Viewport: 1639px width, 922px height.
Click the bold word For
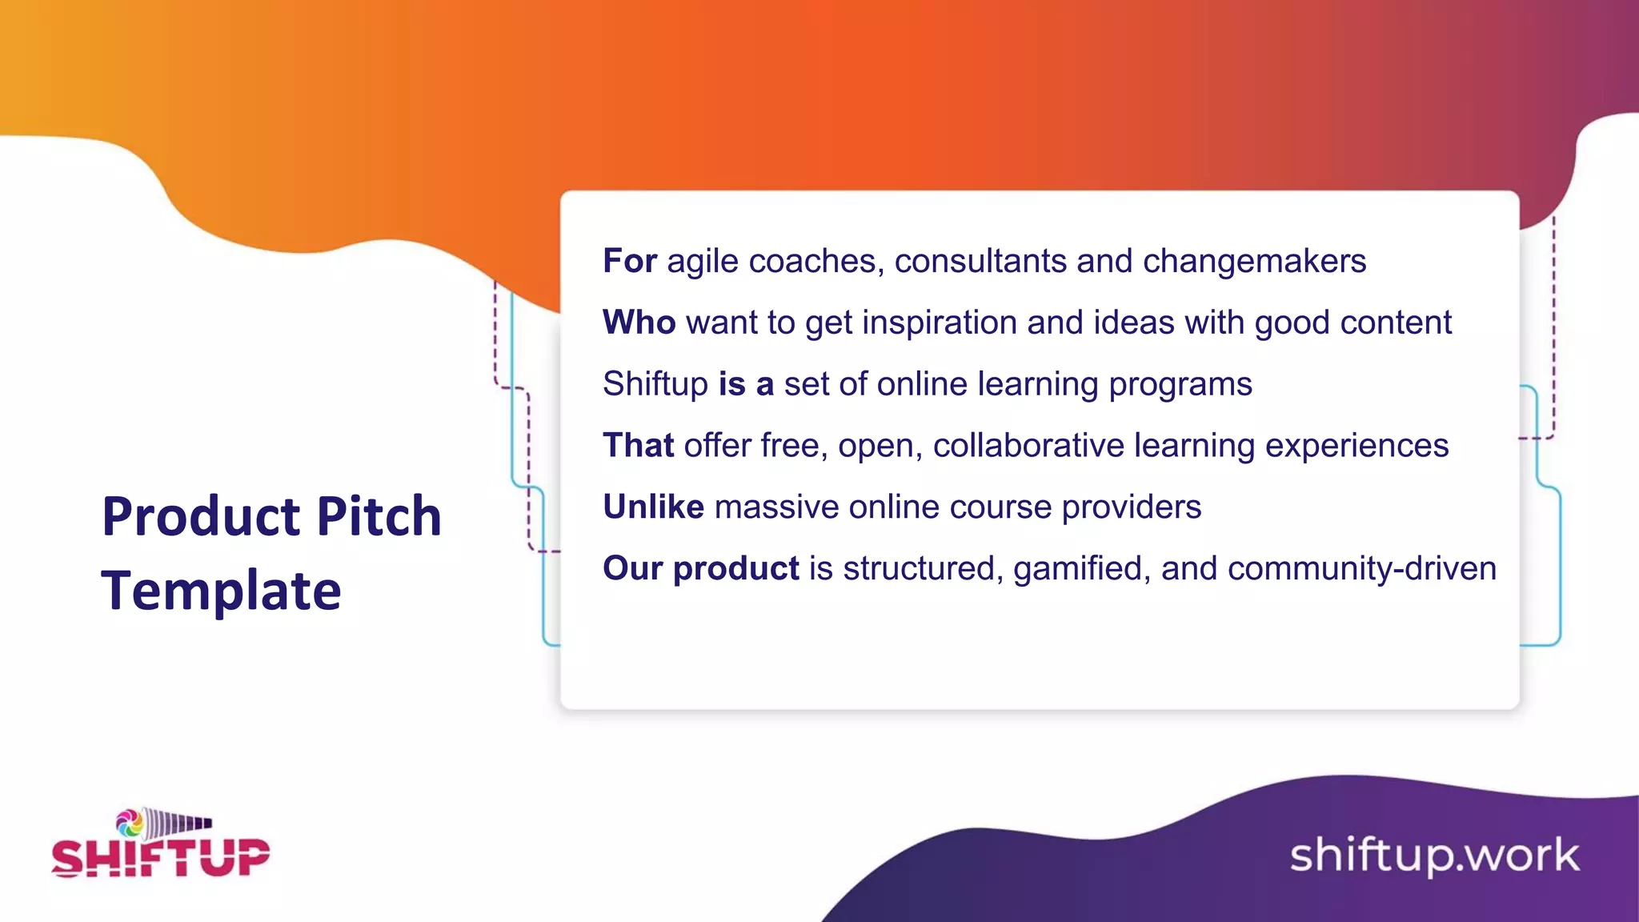pyautogui.click(x=630, y=261)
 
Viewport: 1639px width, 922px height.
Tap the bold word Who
pyautogui.click(x=639, y=323)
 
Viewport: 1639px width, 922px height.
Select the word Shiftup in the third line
pyautogui.click(x=655, y=384)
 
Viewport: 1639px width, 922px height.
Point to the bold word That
pyautogui.click(x=638, y=446)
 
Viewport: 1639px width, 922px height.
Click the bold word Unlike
pyautogui.click(x=653, y=507)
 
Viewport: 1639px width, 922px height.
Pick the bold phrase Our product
pyautogui.click(x=700, y=568)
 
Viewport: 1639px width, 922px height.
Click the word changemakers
pyautogui.click(x=1254, y=261)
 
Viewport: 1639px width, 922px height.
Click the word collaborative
pyautogui.click(x=1028, y=446)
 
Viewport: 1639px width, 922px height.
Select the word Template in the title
pyautogui.click(x=221, y=591)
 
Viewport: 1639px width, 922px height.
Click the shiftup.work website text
pyautogui.click(x=1434, y=856)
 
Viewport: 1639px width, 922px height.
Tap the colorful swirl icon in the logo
pyautogui.click(x=130, y=823)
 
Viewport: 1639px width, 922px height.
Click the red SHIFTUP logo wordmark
pyautogui.click(x=161, y=857)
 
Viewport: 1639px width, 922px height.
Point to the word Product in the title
pyautogui.click(x=204, y=516)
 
